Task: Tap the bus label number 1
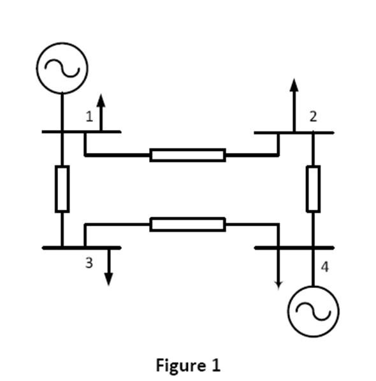tap(90, 117)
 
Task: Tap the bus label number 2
tap(313, 117)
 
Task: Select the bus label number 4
tap(325, 267)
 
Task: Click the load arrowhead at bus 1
tap(101, 100)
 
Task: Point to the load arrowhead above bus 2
tap(294, 85)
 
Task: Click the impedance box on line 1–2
tap(187, 155)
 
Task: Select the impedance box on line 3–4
tap(187, 224)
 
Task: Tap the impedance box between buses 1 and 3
tap(62, 189)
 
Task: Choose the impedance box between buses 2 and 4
tap(313, 189)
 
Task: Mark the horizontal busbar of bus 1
tap(82, 132)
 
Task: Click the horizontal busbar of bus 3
tap(82, 247)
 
